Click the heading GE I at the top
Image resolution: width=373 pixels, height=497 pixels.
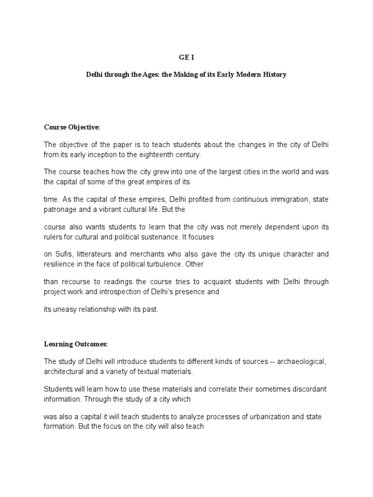(186, 56)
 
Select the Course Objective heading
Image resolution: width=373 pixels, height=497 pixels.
(71, 127)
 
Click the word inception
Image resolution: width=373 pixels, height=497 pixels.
(100, 154)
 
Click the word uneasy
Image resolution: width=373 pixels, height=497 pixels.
(64, 309)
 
